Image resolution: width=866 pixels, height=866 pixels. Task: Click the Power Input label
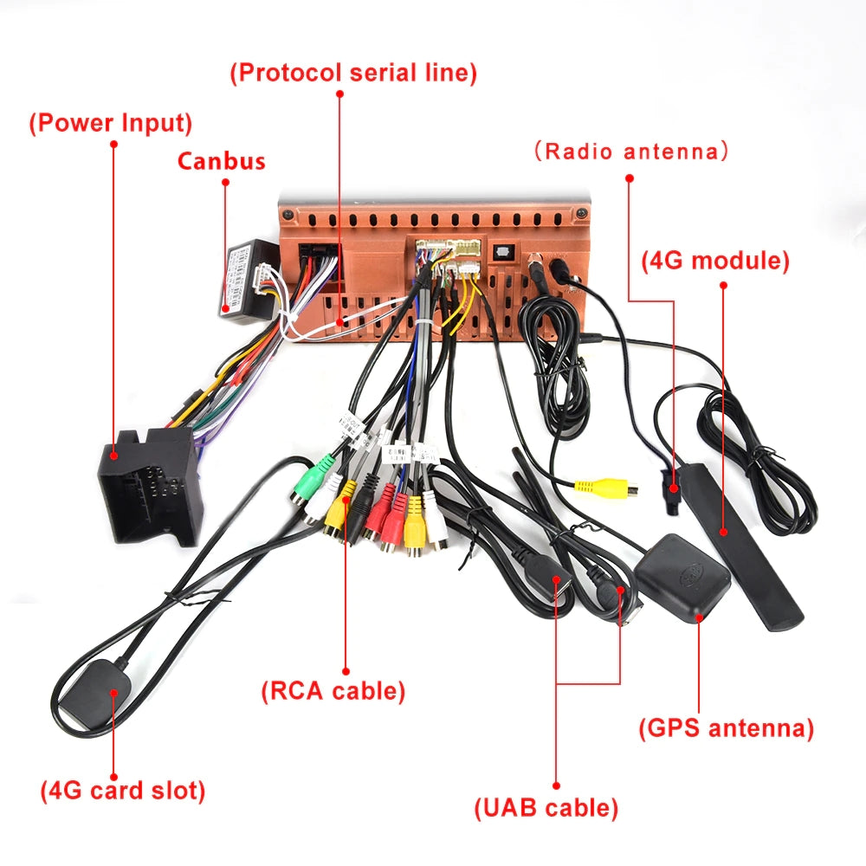pyautogui.click(x=111, y=123)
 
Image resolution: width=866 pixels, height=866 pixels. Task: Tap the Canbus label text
pyautogui.click(x=221, y=161)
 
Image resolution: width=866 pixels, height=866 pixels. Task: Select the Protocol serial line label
pyautogui.click(x=353, y=72)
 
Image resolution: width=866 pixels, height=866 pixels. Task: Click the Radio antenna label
pyautogui.click(x=630, y=152)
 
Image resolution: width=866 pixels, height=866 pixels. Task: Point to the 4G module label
pyautogui.click(x=715, y=260)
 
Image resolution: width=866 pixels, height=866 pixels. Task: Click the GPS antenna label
pyautogui.click(x=727, y=727)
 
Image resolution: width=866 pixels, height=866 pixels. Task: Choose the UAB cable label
pyautogui.click(x=546, y=808)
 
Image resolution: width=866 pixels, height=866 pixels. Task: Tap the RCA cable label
pyautogui.click(x=333, y=690)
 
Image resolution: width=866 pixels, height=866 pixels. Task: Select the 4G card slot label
pyautogui.click(x=123, y=790)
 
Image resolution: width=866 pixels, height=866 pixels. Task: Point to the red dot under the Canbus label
pyautogui.click(x=226, y=182)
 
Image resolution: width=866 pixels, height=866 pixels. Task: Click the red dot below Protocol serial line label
pyautogui.click(x=339, y=93)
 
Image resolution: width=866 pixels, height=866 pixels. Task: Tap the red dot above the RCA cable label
pyautogui.click(x=346, y=669)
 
